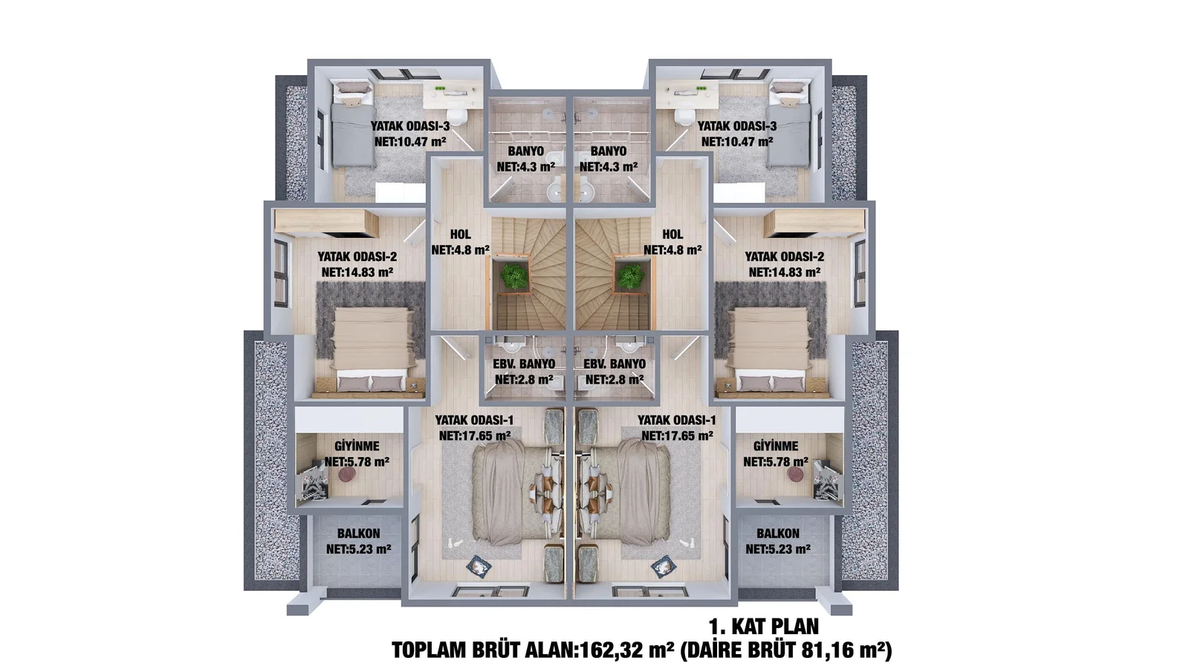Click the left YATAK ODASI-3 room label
pos(409,126)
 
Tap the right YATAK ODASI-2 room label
pos(784,257)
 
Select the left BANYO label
pos(525,152)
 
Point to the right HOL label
pos(673,234)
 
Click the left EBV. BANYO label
pos(524,364)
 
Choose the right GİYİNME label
pos(776,446)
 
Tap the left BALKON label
pos(359,534)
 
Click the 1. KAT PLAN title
pos(764,627)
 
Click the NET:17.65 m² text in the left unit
pos(475,436)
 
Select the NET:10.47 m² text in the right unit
pos(736,142)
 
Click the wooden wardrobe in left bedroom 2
pos(326,222)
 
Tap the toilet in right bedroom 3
pos(684,117)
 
